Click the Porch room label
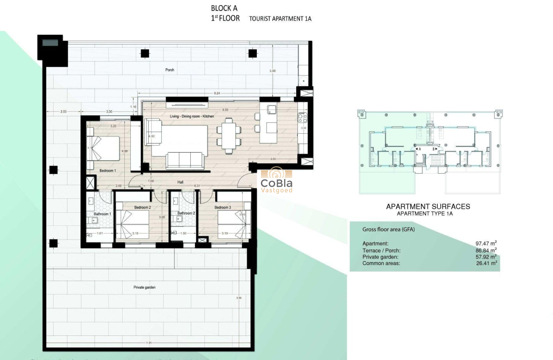coord(170,70)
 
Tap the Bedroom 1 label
coord(108,171)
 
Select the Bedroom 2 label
coord(142,207)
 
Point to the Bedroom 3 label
coord(223,207)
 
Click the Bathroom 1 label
coord(102,214)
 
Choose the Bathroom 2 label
coord(186,213)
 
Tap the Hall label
coord(180,182)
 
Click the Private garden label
coord(144,288)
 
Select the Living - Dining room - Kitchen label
coord(192,116)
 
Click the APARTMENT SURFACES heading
coord(428,207)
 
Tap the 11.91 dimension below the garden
coord(148,342)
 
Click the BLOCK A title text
coord(224,8)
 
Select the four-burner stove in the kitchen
coord(303,117)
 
